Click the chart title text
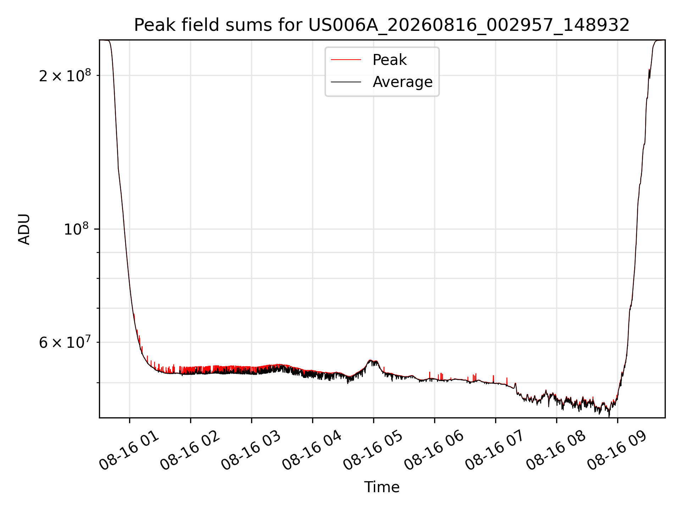pos(382,25)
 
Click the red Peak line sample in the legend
pos(346,60)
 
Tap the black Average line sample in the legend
pos(346,82)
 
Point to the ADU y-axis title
pos(24,229)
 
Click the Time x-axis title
pos(382,487)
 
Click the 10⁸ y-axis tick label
pos(77,229)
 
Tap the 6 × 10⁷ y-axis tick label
pos(65,342)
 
